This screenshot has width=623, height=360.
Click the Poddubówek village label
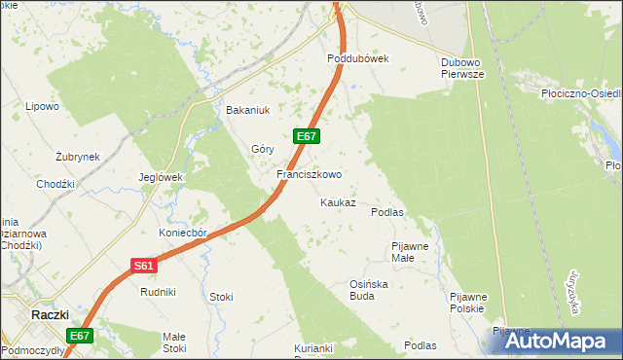[x=357, y=58]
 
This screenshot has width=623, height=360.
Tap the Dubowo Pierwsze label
[x=462, y=65]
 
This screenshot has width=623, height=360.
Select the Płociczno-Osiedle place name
[x=579, y=94]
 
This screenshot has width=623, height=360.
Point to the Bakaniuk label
[x=246, y=110]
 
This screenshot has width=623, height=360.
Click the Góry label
[x=263, y=149]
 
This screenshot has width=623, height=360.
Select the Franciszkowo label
[x=309, y=175]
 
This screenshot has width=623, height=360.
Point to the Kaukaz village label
[x=338, y=203]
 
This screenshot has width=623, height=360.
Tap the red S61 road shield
[x=142, y=265]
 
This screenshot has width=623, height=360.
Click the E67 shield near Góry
[x=306, y=136]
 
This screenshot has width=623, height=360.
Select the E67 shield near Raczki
[x=80, y=336]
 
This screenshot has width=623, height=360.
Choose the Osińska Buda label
[x=369, y=289]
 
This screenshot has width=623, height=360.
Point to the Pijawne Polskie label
[x=467, y=302]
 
